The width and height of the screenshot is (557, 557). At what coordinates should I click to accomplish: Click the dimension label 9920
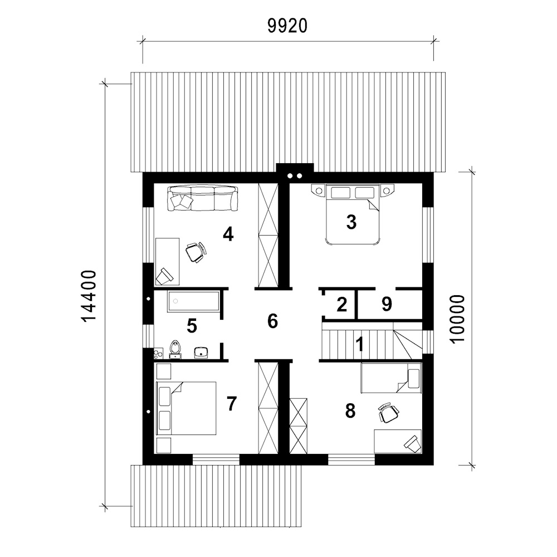pos(287,26)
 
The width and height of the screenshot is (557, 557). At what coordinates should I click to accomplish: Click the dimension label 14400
pos(89,296)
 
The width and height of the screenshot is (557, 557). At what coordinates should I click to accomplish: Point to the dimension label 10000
pos(457,319)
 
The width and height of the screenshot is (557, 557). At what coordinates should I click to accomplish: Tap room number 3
pos(351,222)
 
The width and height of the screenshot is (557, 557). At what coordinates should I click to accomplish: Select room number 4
pos(228,234)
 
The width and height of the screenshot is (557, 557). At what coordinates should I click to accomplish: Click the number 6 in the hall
pos(272,321)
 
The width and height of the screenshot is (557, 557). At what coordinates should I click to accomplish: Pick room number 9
pos(387,304)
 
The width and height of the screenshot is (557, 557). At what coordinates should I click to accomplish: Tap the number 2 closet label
pos(341,305)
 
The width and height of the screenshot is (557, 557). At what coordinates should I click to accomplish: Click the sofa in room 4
pos(203,198)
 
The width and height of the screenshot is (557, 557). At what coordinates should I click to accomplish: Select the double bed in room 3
pos(351,214)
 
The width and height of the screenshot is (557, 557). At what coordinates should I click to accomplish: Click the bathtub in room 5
pos(193,301)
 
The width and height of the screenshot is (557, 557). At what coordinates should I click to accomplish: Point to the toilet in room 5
pos(175,350)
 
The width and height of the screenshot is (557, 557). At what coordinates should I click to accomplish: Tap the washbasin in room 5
pos(202,352)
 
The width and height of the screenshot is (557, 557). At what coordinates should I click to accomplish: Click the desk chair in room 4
pos(196,252)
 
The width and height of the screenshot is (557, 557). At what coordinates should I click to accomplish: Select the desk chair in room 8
pos(388,413)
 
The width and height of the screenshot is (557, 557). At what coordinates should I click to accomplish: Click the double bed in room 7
pos(186,408)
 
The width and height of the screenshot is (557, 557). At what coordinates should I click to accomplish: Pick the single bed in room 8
pos(391,378)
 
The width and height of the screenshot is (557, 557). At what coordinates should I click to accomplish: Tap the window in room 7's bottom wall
pos(216,460)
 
